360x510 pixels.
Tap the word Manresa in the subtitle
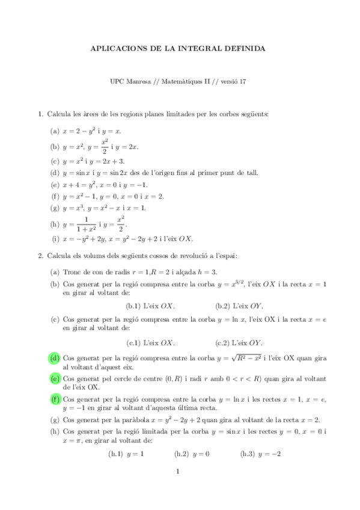(x=139, y=82)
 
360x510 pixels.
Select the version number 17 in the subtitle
(x=243, y=82)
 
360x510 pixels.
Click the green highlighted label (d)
(x=55, y=358)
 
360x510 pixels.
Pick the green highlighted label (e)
(x=55, y=379)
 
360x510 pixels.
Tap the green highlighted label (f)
(x=55, y=399)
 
